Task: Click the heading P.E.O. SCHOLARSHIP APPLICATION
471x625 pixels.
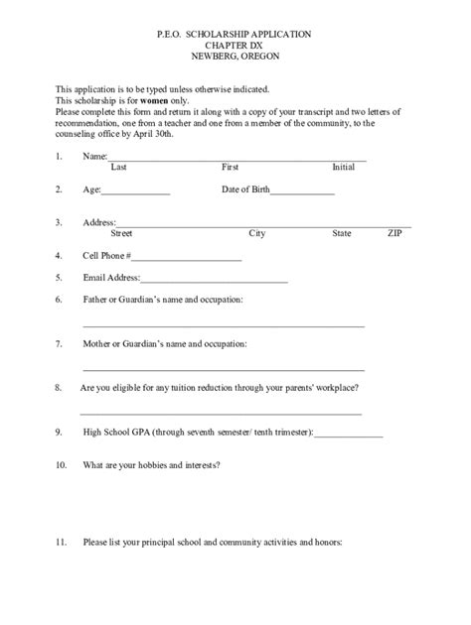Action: click(x=235, y=34)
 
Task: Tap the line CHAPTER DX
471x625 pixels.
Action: click(x=235, y=45)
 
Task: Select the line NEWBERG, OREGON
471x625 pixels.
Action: click(x=235, y=56)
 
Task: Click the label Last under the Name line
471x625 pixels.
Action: click(x=118, y=168)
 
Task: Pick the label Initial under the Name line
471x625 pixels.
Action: click(x=344, y=168)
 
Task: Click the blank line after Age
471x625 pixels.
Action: click(x=136, y=192)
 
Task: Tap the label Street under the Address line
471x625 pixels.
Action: click(x=121, y=235)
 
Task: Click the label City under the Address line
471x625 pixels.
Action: click(x=256, y=235)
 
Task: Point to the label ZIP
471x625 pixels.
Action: click(x=395, y=235)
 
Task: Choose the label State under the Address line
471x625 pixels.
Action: click(x=342, y=235)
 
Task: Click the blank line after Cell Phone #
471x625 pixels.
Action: click(x=193, y=259)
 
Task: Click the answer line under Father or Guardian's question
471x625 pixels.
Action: click(x=224, y=326)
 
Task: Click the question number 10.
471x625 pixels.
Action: click(x=61, y=465)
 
